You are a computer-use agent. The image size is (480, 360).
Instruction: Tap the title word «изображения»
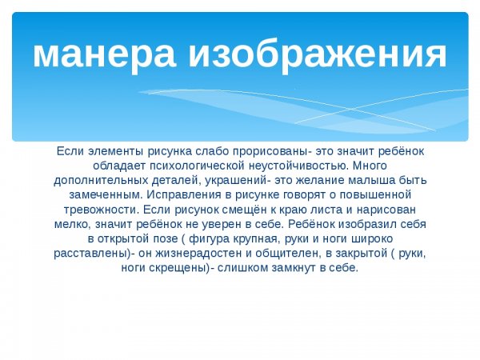point(317,54)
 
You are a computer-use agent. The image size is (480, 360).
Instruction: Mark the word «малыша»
point(371,180)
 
